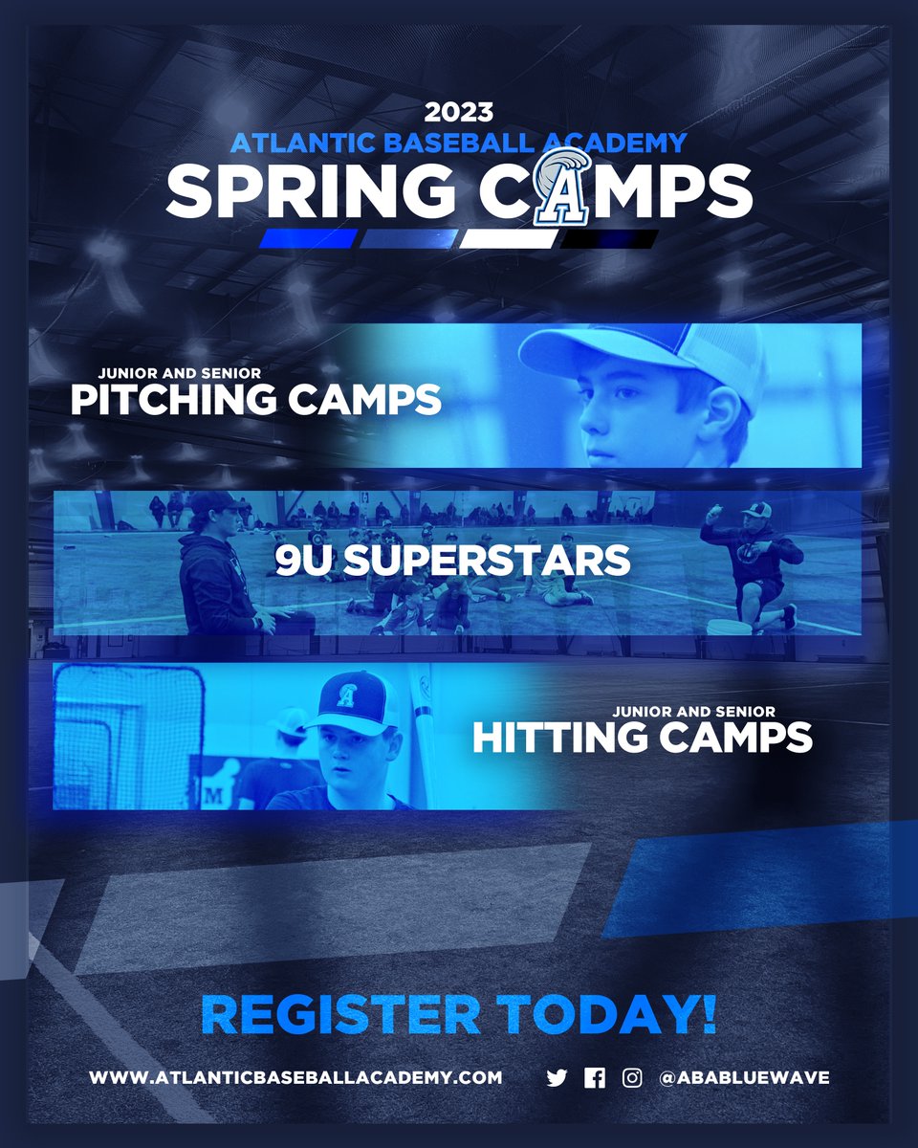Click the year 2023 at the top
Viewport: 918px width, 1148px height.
(459, 113)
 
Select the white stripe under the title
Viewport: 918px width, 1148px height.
(508, 238)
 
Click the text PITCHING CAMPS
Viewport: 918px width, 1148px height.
(255, 399)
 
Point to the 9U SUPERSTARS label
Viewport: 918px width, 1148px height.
(453, 561)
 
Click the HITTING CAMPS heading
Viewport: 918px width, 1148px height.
(643, 737)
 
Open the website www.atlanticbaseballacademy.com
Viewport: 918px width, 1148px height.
(295, 1077)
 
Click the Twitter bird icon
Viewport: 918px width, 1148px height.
(557, 1078)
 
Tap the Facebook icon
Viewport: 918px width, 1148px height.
(595, 1078)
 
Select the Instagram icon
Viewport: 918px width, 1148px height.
(632, 1078)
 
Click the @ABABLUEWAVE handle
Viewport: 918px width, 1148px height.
(744, 1077)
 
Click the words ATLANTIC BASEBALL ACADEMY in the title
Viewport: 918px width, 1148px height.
(459, 143)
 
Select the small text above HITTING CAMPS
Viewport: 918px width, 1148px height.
(694, 711)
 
